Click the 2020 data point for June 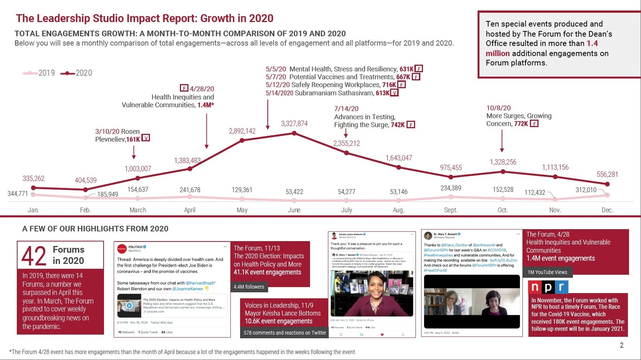point(295,133)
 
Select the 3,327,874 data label point(294,124)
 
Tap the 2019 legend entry point(39,73)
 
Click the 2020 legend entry point(77,73)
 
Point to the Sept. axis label point(451,210)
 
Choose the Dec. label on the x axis point(607,210)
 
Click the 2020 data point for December point(607,184)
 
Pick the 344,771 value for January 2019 point(18,194)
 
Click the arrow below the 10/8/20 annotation point(502,140)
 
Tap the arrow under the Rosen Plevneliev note point(134,152)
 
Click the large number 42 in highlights point(34,256)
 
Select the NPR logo point(548,287)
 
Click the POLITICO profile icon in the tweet point(122,249)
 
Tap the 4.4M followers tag point(249,287)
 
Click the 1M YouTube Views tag point(547,272)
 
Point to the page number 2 point(622,345)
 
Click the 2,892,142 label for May point(242,131)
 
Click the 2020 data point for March point(138,178)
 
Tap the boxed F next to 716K point(402,85)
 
